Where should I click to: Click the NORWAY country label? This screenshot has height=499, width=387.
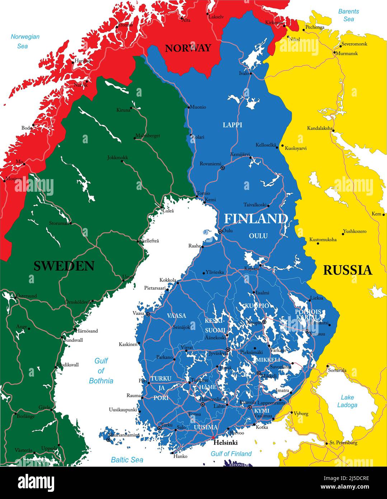click(188, 48)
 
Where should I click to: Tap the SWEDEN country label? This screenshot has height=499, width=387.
click(64, 266)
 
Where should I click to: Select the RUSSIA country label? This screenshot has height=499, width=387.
click(347, 270)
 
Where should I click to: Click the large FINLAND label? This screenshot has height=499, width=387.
click(256, 219)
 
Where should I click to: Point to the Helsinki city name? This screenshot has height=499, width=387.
click(225, 443)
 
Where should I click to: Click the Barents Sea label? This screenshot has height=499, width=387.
click(349, 15)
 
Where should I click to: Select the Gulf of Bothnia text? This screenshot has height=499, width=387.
click(101, 371)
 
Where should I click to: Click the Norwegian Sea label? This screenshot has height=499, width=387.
click(25, 41)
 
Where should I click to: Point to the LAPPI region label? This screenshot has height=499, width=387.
click(232, 125)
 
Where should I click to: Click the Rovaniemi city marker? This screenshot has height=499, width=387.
click(223, 168)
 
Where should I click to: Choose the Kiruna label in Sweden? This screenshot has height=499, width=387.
click(123, 110)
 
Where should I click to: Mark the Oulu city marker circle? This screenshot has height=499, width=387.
click(220, 232)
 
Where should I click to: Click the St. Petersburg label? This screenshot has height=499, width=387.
click(343, 443)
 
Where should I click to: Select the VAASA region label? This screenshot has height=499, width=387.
click(176, 316)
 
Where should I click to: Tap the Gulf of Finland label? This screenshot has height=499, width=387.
click(231, 454)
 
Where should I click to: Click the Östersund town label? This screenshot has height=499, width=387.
click(26, 296)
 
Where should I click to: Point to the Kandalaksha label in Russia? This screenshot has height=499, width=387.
click(320, 128)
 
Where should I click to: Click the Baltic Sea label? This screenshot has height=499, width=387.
click(127, 460)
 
